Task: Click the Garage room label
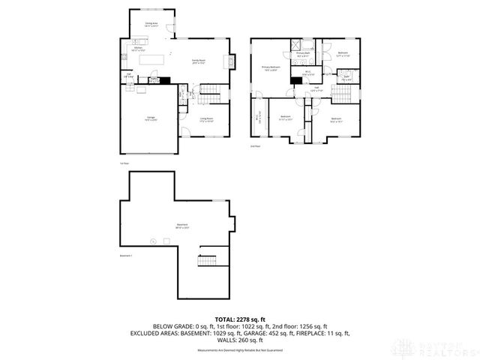pyautogui.click(x=150, y=119)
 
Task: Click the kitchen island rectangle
pyautogui.click(x=153, y=58)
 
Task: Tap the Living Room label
pyautogui.click(x=206, y=118)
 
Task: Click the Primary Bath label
pyautogui.click(x=302, y=54)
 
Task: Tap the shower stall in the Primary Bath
pyautogui.click(x=294, y=43)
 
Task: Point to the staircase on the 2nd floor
pyautogui.click(x=342, y=94)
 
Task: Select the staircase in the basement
pyautogui.click(x=207, y=262)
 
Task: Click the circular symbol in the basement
pyautogui.click(x=152, y=241)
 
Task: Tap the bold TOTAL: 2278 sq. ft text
pyautogui.click(x=239, y=319)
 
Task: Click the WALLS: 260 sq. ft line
pyautogui.click(x=239, y=340)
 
